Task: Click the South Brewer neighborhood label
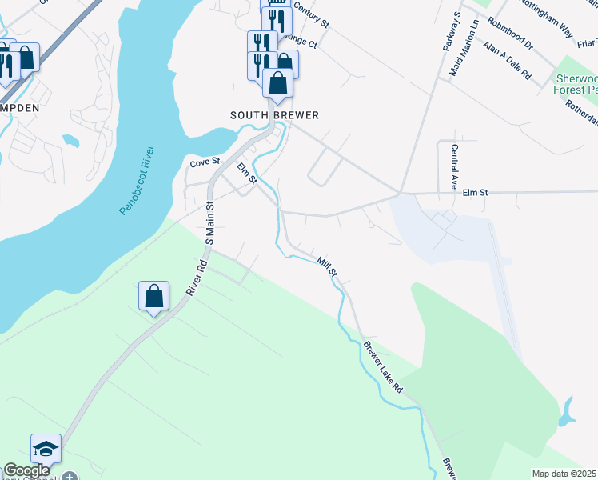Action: (x=274, y=115)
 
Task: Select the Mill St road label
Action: (x=328, y=266)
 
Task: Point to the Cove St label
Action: (x=204, y=163)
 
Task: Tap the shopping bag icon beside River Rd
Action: (x=153, y=296)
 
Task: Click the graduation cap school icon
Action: (x=46, y=449)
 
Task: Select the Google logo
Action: (x=26, y=471)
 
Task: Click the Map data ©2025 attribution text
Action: (x=564, y=474)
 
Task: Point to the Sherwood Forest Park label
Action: (x=576, y=84)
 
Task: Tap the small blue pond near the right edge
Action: (x=567, y=413)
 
